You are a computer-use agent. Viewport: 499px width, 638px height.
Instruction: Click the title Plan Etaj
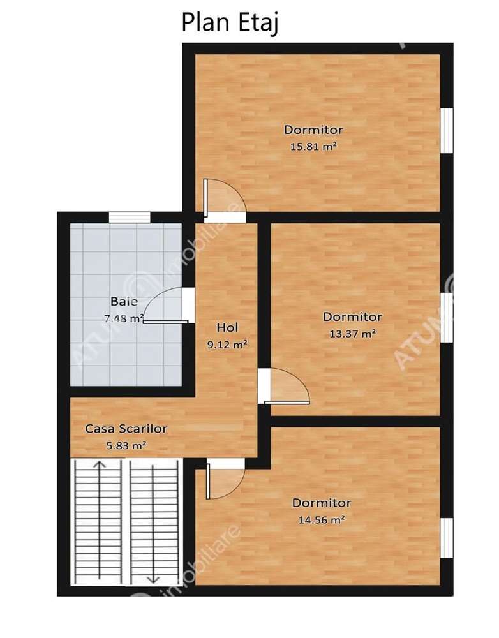(x=230, y=22)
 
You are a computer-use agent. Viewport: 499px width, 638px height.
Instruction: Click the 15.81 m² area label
(x=313, y=146)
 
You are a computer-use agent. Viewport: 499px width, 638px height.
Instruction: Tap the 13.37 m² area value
(x=352, y=333)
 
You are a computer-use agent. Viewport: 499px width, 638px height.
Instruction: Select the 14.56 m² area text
(x=322, y=520)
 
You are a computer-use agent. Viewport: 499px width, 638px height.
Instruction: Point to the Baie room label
(x=124, y=301)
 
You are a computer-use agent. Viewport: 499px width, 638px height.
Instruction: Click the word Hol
(x=227, y=327)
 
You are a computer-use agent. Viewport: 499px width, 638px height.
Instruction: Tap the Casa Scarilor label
(x=126, y=429)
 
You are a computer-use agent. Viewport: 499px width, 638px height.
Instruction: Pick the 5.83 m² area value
(x=126, y=445)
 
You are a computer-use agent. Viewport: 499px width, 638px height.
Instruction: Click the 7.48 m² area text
(x=124, y=318)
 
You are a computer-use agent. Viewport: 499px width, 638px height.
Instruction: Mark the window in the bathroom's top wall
(x=129, y=218)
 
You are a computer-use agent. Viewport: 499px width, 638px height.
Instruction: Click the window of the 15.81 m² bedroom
(x=447, y=130)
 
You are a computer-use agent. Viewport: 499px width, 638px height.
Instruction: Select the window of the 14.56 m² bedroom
(x=447, y=538)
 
